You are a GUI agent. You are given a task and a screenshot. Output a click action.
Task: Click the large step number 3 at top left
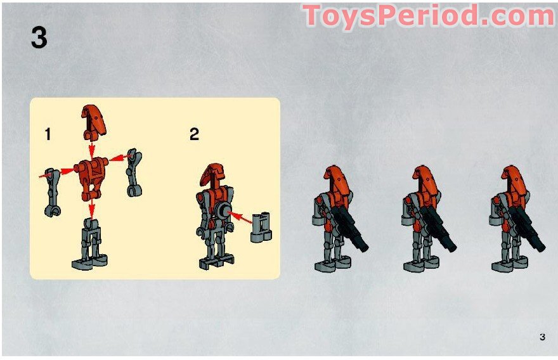pos(39,38)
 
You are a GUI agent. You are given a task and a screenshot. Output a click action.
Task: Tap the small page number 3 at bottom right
pos(542,337)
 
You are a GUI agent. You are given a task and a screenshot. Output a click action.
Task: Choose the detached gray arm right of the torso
pos(133,173)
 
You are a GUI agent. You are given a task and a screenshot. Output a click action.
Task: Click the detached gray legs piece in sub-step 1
pos(89,244)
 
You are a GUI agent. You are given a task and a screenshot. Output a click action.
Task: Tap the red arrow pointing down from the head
pos(91,150)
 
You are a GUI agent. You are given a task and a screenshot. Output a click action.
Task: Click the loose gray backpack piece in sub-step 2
pos(261,227)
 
